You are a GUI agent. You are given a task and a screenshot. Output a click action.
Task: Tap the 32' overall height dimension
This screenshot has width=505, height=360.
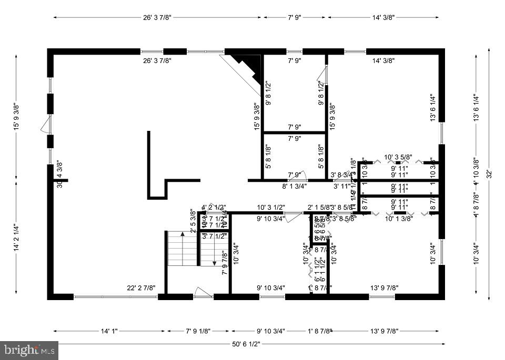(x=489, y=173)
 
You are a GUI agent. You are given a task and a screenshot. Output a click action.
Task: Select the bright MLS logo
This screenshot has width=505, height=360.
(x=30, y=348)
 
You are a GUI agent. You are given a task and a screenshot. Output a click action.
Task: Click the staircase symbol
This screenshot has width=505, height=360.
(x=183, y=249)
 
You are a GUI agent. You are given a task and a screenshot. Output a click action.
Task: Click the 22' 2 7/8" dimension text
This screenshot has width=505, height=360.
(x=142, y=287)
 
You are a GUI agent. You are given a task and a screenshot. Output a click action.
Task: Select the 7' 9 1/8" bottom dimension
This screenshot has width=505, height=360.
(x=198, y=331)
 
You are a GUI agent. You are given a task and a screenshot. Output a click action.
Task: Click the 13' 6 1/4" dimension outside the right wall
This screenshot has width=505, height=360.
(x=476, y=108)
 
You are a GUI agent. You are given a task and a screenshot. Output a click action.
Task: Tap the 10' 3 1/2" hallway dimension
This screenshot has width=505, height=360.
(x=271, y=207)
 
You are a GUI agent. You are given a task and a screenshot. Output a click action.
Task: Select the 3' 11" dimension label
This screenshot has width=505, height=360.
(x=342, y=186)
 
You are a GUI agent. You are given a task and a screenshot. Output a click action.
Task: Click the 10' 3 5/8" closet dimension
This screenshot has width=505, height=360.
(x=398, y=157)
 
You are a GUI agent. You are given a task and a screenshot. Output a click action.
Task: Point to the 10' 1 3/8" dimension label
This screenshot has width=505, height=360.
(x=399, y=218)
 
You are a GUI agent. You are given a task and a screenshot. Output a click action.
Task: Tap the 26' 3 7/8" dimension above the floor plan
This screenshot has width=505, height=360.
(x=157, y=17)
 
